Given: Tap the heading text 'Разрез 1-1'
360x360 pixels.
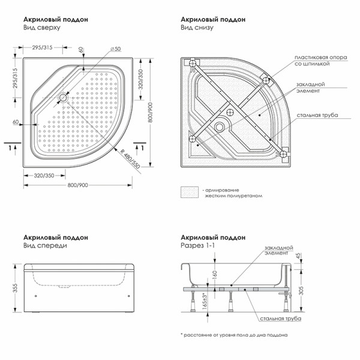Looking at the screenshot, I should pos(197,245).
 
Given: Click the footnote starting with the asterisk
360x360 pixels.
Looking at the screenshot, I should pos(234,334).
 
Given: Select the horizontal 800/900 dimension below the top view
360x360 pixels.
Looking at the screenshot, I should pos(77,185).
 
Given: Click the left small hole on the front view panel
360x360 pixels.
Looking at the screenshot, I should pos(35,295).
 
